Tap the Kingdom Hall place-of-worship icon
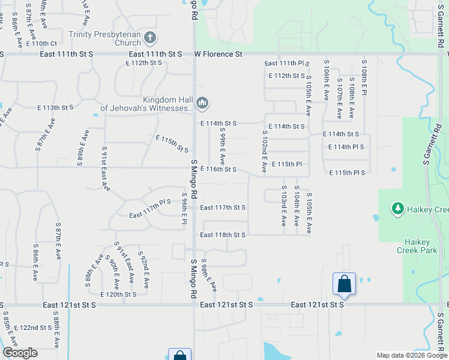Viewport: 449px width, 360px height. (x=202, y=104)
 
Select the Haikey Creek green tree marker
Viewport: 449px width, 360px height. (x=397, y=209)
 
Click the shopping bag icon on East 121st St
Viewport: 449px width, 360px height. (x=345, y=283)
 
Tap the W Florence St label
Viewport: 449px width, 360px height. (x=218, y=54)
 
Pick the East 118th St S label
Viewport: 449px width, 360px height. (x=223, y=235)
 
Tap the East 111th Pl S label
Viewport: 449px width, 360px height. (x=285, y=64)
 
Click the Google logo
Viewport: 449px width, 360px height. (x=20, y=353)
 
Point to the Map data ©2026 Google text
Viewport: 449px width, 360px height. (x=411, y=355)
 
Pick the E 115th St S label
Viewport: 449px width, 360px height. (x=172, y=143)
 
